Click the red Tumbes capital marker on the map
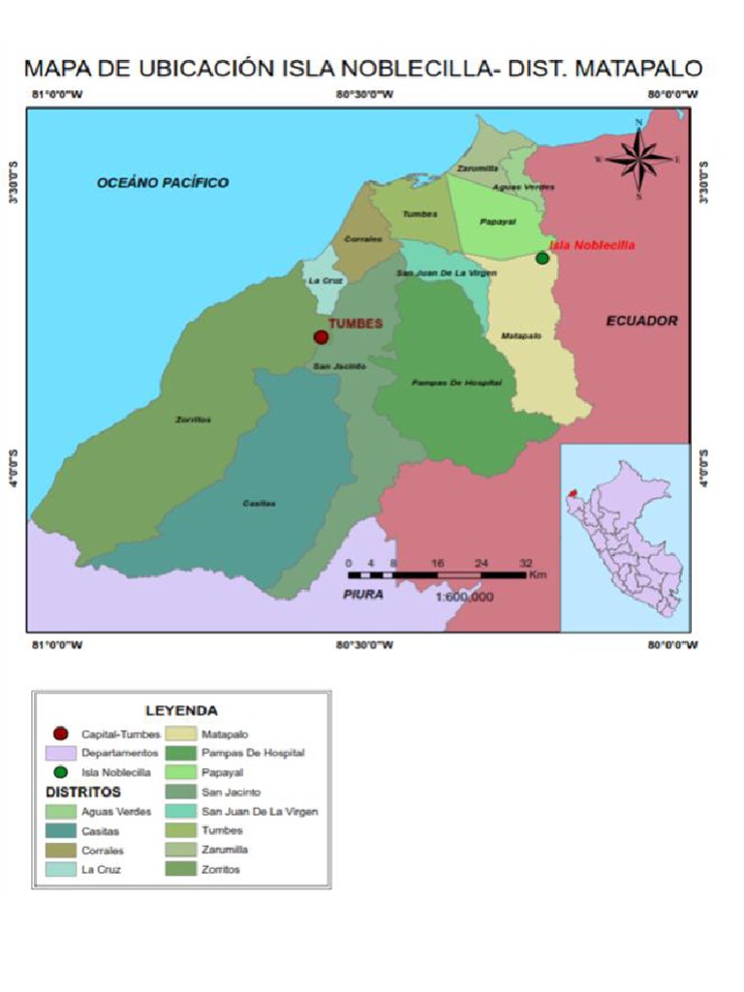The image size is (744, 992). tap(321, 337)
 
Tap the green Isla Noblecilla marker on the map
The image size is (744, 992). tap(542, 258)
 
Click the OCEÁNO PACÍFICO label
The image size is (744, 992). tap(163, 182)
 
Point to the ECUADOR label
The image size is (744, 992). tap(641, 321)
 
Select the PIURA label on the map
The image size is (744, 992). tap(363, 594)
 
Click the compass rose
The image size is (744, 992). tap(638, 158)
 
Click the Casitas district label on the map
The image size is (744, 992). tap(259, 503)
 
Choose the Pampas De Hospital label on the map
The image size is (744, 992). tap(456, 383)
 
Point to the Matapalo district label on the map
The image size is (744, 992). tap(521, 335)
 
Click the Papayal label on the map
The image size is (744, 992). tap(498, 222)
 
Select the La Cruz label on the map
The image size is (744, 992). tap(320, 280)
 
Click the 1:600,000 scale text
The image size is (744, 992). tap(464, 597)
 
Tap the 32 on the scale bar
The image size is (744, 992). tap(526, 562)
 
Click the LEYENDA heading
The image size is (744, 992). tap(181, 710)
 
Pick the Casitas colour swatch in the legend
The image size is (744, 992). tap(60, 830)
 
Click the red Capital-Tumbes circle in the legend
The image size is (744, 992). tap(60, 734)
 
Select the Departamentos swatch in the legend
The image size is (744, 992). tap(60, 753)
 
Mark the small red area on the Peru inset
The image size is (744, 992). tap(573, 493)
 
